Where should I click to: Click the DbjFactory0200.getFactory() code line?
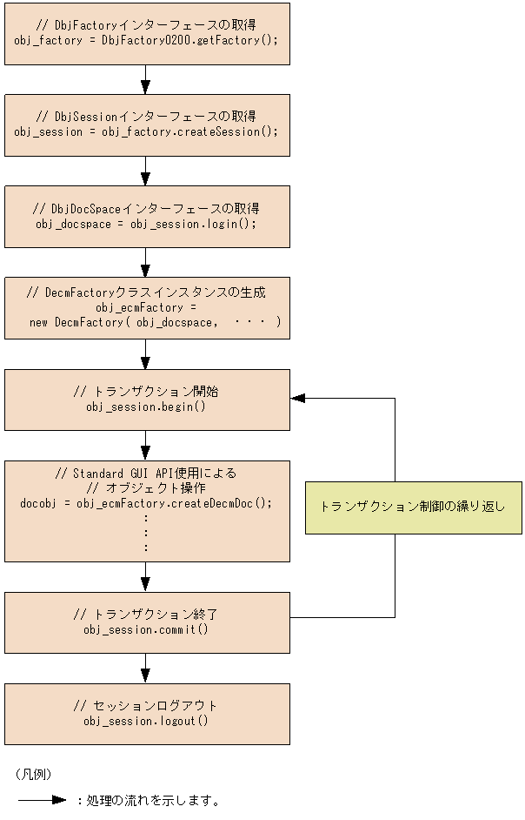coord(146,40)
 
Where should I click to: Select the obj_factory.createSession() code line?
coord(146,131)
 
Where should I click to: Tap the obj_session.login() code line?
coord(146,224)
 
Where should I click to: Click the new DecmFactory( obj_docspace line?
coord(155,322)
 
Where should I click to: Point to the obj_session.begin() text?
coord(146,407)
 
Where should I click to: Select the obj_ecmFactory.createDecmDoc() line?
coord(146,503)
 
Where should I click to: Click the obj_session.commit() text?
coord(146,629)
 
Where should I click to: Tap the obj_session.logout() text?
coord(146,721)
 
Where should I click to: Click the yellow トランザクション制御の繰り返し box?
coord(413,507)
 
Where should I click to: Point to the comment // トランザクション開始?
coord(146,392)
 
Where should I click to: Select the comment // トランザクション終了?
coord(146,615)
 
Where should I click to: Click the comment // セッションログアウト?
coord(146,706)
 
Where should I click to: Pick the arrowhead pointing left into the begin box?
coord(298,398)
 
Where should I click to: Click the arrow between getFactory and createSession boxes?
coord(145,80)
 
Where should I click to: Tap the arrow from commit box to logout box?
coord(145,669)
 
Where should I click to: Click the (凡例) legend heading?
coord(33,773)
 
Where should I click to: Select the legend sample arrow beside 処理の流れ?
coord(42,800)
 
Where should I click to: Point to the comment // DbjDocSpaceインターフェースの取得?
coord(146,209)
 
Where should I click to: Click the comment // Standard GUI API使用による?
coord(146,473)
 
